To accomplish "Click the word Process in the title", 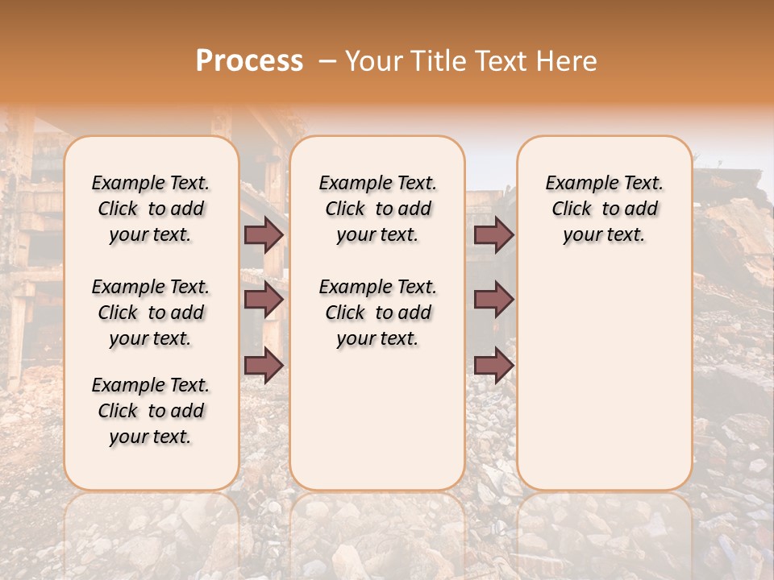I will pos(249,61).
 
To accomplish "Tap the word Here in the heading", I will pos(568,61).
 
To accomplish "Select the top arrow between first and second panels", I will pos(264,234).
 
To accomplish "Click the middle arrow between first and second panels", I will pos(264,300).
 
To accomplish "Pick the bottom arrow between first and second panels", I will pos(264,365).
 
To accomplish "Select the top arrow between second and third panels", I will pos(493,234).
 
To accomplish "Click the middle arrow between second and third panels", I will pos(493,300).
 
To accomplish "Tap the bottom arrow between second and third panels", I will pos(493,365).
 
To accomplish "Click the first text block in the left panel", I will pos(151,209).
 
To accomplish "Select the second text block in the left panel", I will pos(151,313).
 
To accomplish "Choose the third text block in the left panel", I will pos(151,411).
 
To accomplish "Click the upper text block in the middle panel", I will pos(377,209).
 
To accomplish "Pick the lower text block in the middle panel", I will pos(377,313).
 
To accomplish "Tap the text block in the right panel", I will pos(604,209).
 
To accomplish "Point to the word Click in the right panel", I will pos(572,209).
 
